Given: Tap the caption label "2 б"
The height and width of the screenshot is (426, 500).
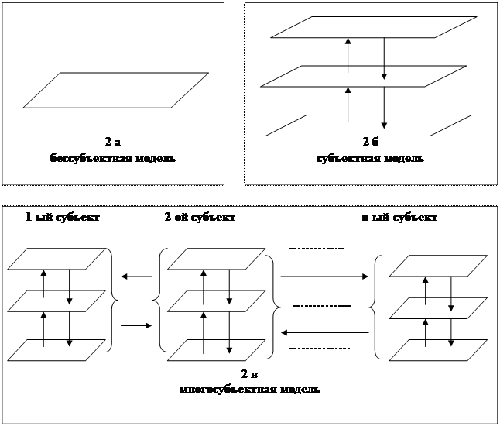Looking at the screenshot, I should pyautogui.click(x=369, y=142).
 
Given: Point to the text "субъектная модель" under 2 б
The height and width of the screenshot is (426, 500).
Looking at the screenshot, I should pyautogui.click(x=369, y=159).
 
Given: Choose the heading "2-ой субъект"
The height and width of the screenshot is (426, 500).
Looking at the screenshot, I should pyautogui.click(x=199, y=218).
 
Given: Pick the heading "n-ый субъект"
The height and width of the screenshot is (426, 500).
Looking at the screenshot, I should pyautogui.click(x=400, y=218).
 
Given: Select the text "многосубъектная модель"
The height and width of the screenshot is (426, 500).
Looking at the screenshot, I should pyautogui.click(x=249, y=389).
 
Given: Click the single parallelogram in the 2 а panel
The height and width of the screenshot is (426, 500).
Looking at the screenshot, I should pyautogui.click(x=116, y=90).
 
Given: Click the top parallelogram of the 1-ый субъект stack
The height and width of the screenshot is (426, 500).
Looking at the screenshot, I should pyautogui.click(x=56, y=259).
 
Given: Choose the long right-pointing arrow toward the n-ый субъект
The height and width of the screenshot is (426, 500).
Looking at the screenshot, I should pyautogui.click(x=324, y=276).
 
